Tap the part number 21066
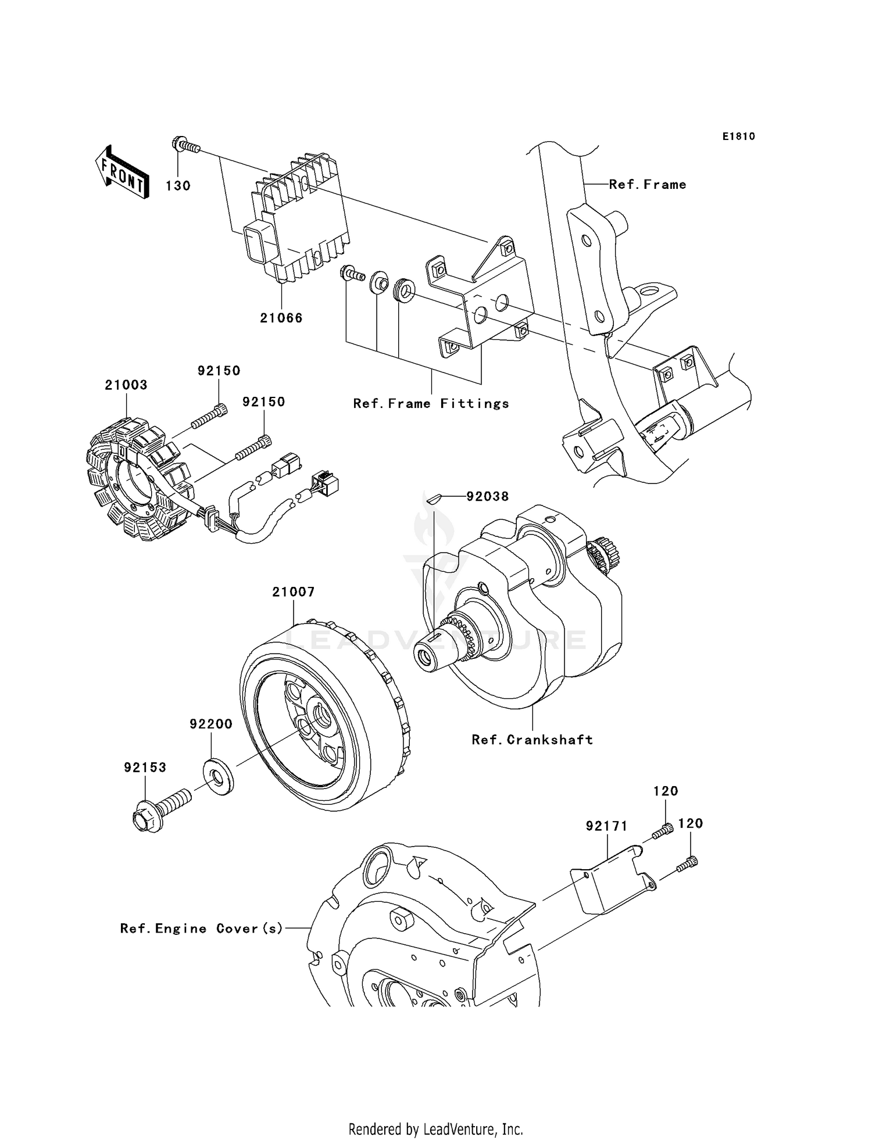281,318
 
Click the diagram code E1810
738,137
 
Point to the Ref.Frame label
647,185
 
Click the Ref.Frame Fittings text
431,403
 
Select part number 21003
126,385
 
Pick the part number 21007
294,592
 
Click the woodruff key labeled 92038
434,497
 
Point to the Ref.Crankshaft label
532,740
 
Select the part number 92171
606,826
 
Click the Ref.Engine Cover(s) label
201,929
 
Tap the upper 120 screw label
666,791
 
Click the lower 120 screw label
691,823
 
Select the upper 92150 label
219,371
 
